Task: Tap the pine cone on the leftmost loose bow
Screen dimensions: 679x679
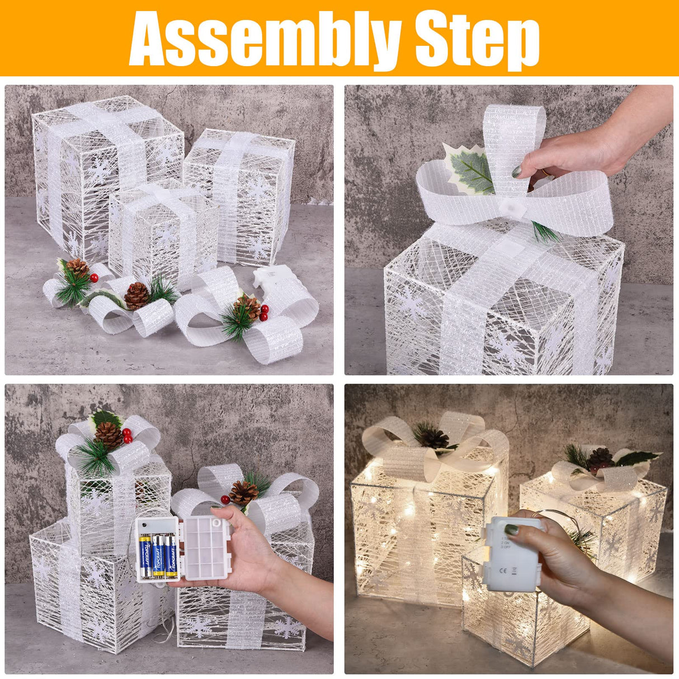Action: pyautogui.click(x=78, y=267)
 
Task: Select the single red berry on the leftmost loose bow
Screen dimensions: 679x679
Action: pyautogui.click(x=94, y=277)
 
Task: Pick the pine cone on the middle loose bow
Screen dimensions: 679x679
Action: pyautogui.click(x=136, y=296)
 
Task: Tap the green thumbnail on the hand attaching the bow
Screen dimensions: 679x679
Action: pyautogui.click(x=517, y=171)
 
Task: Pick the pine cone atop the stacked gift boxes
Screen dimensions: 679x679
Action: pyautogui.click(x=109, y=434)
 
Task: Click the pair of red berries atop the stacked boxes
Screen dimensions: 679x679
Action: pyautogui.click(x=127, y=435)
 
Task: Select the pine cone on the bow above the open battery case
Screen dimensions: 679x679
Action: pyautogui.click(x=244, y=493)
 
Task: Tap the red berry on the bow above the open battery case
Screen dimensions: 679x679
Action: pyautogui.click(x=225, y=499)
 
